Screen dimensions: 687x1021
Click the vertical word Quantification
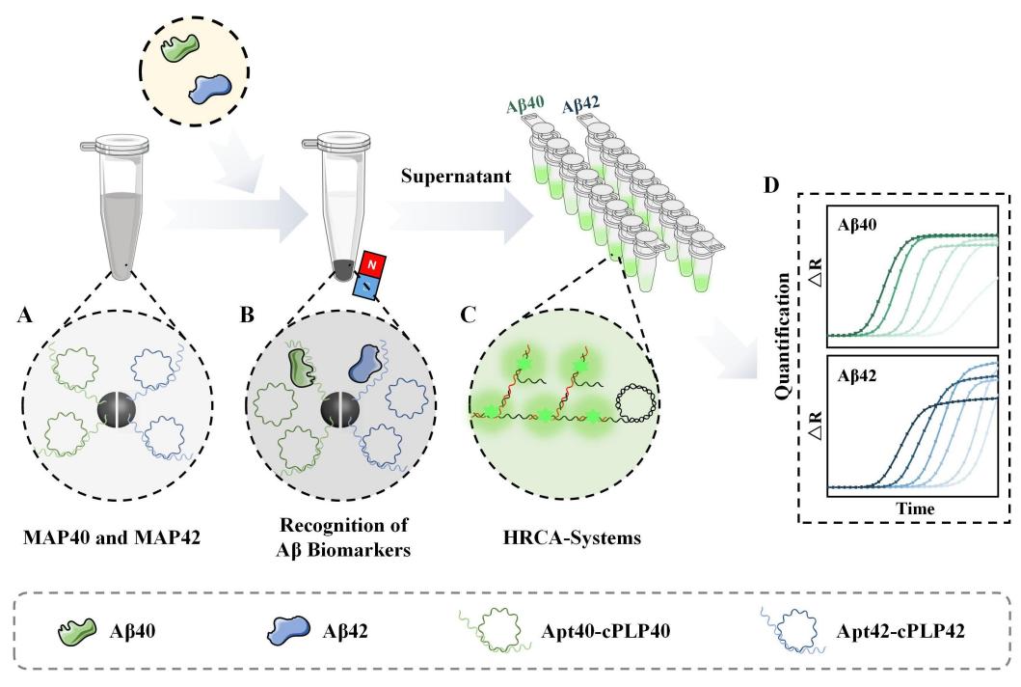(786, 351)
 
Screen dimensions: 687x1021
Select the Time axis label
(913, 506)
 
